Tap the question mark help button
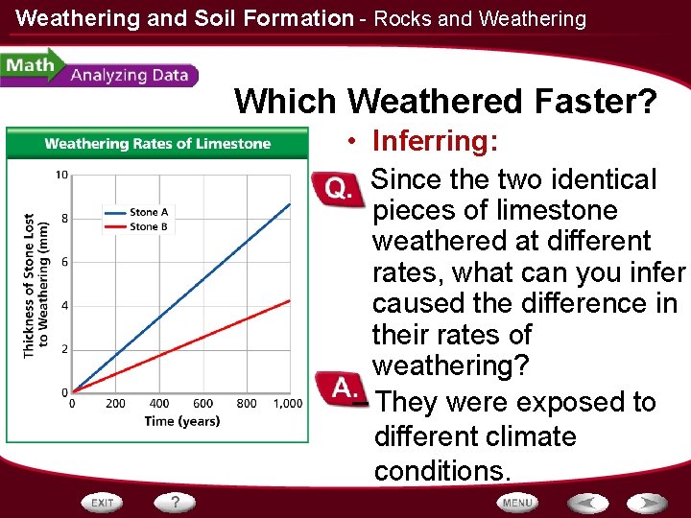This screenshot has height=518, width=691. point(176,503)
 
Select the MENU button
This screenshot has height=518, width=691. point(517,503)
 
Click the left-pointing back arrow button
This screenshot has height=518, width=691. point(587,503)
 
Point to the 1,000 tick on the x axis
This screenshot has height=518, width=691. point(287,404)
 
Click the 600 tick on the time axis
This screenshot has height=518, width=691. point(203,404)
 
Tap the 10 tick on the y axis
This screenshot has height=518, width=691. point(60,175)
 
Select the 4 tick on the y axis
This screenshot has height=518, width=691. point(63,305)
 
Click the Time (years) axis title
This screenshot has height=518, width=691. point(182,421)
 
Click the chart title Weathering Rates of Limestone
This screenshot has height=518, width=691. point(157,144)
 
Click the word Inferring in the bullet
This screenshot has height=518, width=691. point(435,142)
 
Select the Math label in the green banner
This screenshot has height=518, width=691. point(28,66)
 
